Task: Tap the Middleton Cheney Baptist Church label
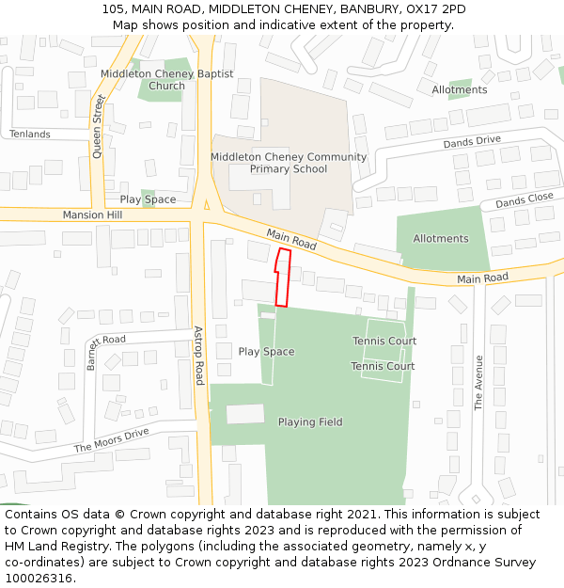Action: pyautogui.click(x=166, y=80)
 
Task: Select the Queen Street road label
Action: pyautogui.click(x=97, y=125)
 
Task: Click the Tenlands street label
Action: pyautogui.click(x=30, y=135)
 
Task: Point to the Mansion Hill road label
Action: pyautogui.click(x=93, y=215)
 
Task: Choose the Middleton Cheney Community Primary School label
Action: pyautogui.click(x=289, y=163)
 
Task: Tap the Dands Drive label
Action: pyautogui.click(x=472, y=142)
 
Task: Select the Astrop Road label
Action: pyautogui.click(x=198, y=356)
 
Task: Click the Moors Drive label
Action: pyautogui.click(x=112, y=440)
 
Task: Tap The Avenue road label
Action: pyautogui.click(x=478, y=383)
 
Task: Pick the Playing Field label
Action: pyautogui.click(x=310, y=422)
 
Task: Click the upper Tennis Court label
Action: pyautogui.click(x=384, y=341)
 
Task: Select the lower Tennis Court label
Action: pyautogui.click(x=383, y=366)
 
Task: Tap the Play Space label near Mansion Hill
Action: pyautogui.click(x=148, y=199)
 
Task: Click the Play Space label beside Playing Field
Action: pyautogui.click(x=266, y=352)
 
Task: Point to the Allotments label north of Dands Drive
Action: pyautogui.click(x=460, y=89)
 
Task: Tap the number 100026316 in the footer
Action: pyautogui.click(x=39, y=579)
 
